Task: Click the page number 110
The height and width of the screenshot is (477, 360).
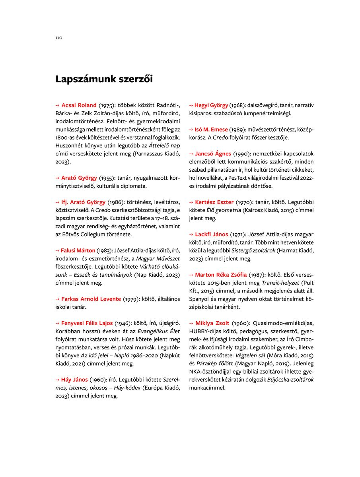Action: (59, 38)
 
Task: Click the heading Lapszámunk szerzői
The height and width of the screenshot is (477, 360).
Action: (104, 79)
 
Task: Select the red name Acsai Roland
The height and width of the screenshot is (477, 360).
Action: (79, 105)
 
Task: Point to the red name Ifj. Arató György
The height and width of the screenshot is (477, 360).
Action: (83, 202)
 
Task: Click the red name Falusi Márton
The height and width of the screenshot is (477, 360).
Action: (78, 250)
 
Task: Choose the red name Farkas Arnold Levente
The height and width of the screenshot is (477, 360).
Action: (91, 299)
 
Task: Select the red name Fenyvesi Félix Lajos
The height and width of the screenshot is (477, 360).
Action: (87, 323)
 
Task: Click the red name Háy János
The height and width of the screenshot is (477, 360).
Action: (74, 380)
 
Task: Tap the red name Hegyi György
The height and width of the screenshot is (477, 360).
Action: (211, 105)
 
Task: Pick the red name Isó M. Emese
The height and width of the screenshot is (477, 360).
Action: (211, 130)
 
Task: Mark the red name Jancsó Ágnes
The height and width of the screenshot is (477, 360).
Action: (213, 153)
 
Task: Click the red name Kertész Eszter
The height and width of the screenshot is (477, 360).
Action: (214, 202)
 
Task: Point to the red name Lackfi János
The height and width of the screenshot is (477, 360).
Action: (212, 235)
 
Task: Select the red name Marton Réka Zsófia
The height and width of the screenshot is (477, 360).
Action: (221, 275)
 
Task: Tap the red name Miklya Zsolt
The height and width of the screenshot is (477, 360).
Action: (212, 323)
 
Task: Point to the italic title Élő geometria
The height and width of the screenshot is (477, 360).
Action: (224, 210)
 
